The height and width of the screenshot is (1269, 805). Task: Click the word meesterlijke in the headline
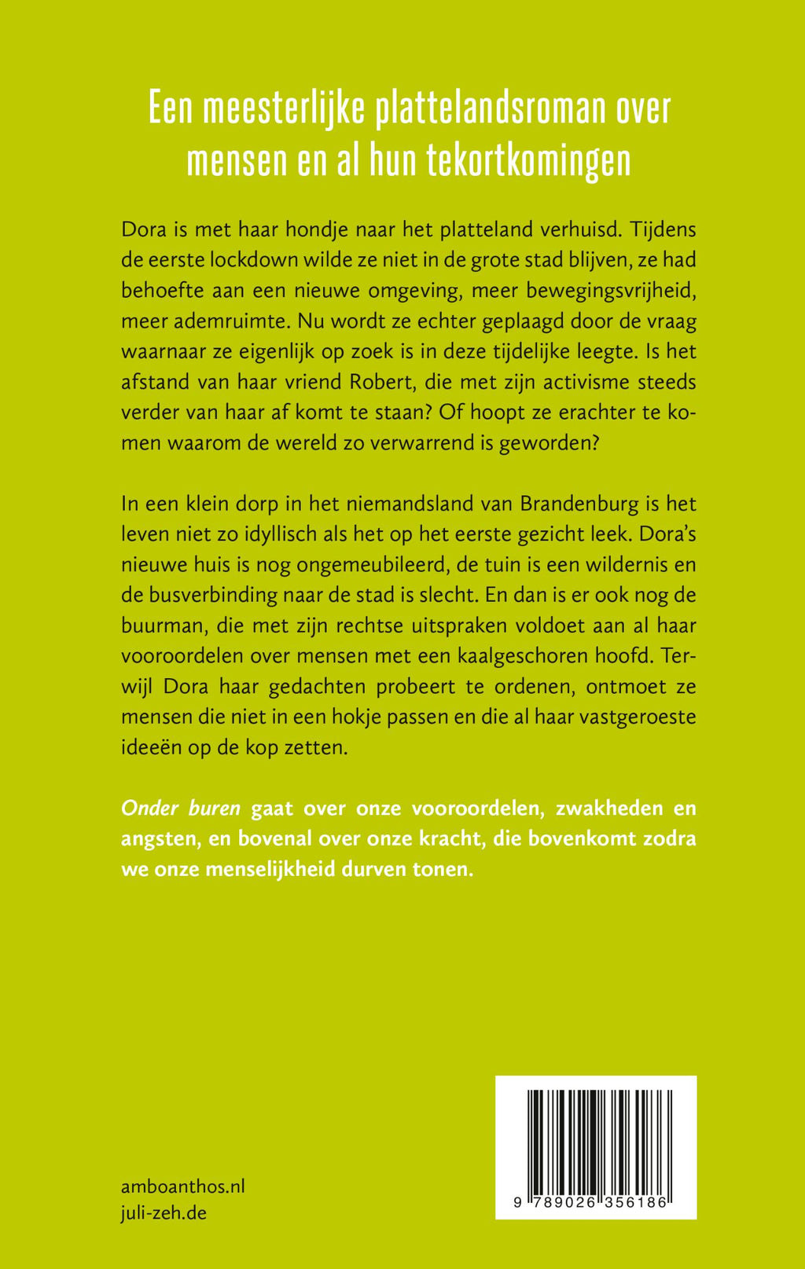(x=284, y=109)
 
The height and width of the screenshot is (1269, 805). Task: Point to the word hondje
(x=284, y=230)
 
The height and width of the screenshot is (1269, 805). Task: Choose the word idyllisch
(x=292, y=534)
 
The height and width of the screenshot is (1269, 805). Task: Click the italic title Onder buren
(x=180, y=809)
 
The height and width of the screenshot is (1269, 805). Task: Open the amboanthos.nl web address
(x=183, y=1186)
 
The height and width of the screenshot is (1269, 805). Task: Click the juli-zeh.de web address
(x=164, y=1212)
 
